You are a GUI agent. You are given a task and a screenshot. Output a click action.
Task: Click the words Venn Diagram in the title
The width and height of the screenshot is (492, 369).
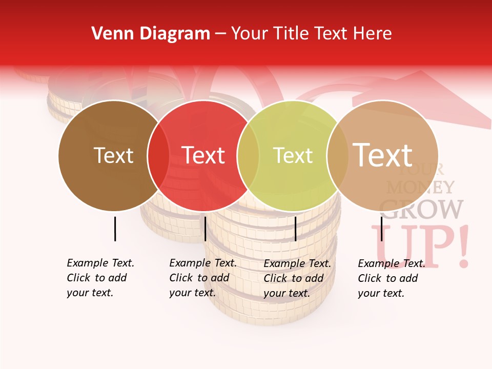coord(151,34)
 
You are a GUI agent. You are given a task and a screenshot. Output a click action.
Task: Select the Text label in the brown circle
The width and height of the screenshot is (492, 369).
coord(113,155)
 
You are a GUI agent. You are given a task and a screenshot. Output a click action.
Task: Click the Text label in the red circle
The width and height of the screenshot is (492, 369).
coord(203,155)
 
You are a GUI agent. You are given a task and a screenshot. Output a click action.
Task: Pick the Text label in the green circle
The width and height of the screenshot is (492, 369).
coord(293,155)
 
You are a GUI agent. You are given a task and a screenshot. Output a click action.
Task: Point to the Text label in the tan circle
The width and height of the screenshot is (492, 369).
coord(383,155)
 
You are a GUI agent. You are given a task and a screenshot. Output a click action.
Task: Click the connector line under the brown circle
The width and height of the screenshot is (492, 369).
coord(115,229)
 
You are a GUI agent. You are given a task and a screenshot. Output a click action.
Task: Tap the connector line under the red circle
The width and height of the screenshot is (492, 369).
coord(205,229)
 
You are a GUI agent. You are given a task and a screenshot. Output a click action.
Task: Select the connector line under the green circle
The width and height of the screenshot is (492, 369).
coord(296,229)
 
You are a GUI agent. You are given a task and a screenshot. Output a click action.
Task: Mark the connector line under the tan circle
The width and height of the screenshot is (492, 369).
coord(382,229)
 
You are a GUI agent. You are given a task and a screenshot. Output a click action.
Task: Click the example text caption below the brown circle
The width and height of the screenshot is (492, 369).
coord(100,278)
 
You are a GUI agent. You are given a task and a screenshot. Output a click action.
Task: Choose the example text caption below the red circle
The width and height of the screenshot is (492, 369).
coord(202,278)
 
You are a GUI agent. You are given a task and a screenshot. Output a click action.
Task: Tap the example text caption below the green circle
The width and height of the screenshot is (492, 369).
coord(297,278)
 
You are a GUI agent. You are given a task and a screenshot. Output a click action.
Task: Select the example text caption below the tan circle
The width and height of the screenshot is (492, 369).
coord(391,278)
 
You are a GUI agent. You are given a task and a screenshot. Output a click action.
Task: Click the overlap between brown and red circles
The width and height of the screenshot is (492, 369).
coord(158,155)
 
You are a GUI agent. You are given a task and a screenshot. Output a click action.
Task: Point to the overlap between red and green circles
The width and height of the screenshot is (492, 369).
coord(248,155)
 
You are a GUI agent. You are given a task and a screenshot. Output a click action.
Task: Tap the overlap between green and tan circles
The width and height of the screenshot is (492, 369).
coord(337,155)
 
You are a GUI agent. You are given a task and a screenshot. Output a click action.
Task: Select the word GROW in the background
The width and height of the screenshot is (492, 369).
coord(421,209)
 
